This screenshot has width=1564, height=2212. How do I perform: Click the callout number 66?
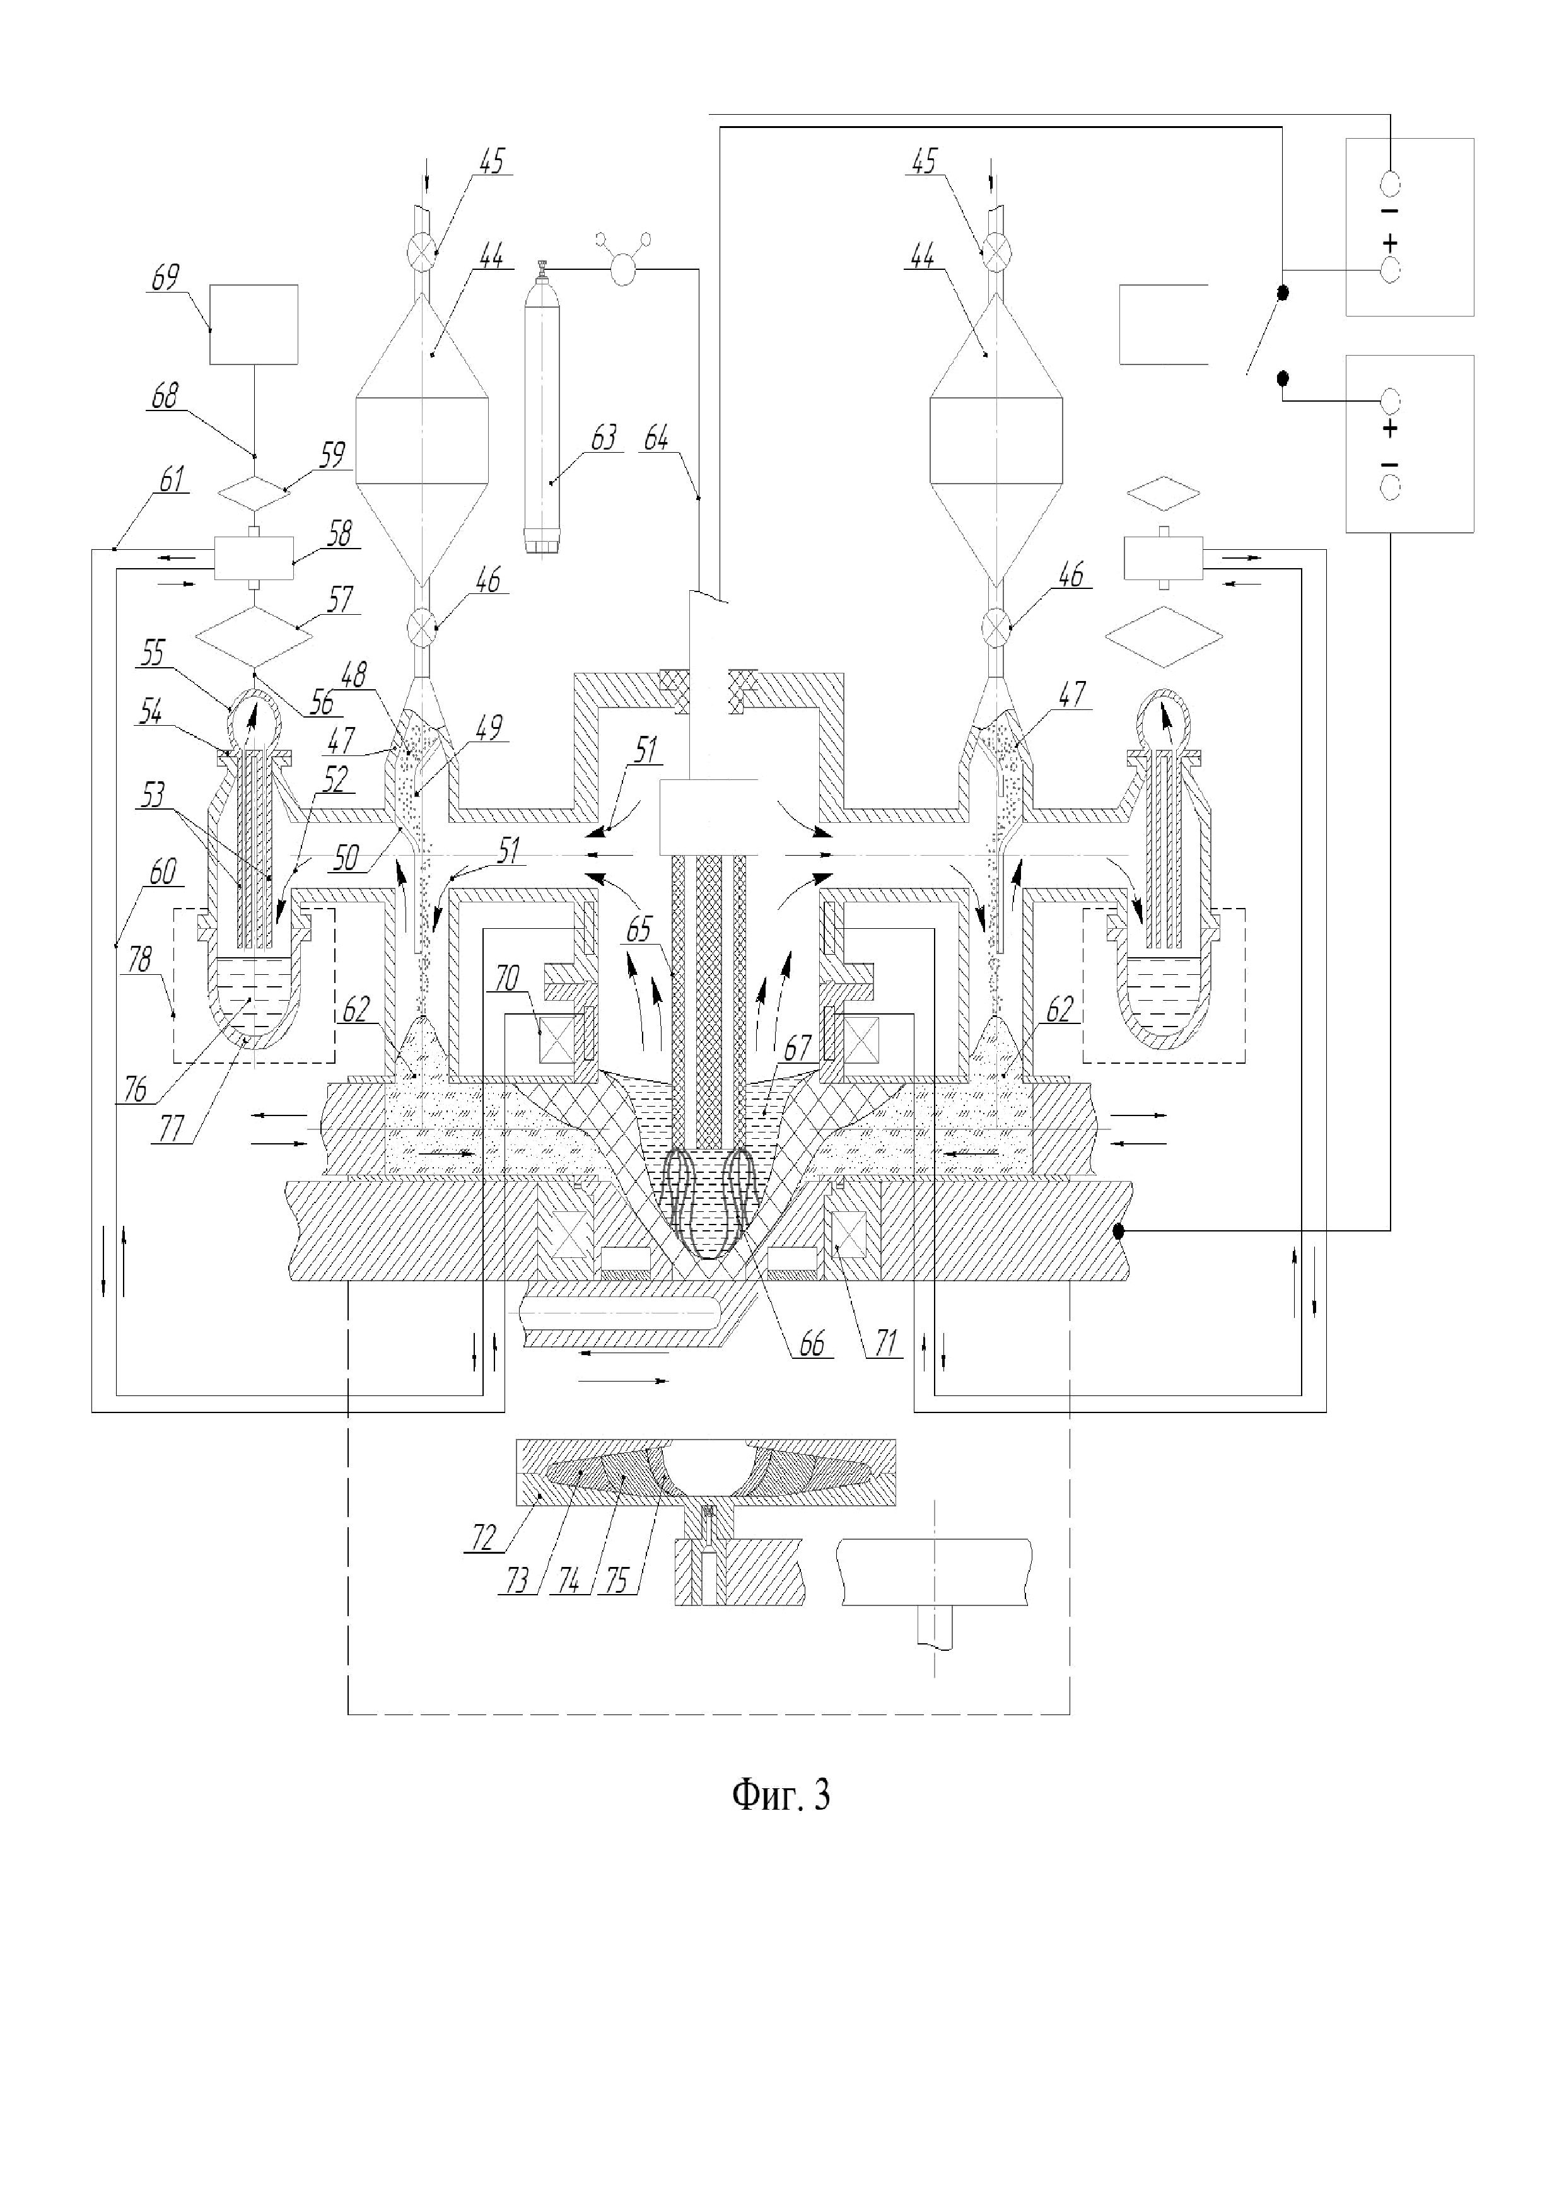point(812,1343)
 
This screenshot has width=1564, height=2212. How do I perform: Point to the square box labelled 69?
point(254,325)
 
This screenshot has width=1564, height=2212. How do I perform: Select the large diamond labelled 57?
point(254,636)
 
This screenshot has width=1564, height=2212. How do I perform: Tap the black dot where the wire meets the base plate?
point(1118,1230)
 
